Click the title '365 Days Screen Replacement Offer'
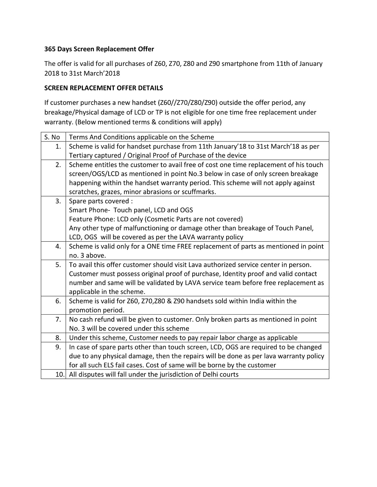[x=99, y=49]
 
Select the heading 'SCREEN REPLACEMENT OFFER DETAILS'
[x=104, y=88]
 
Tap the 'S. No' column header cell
[x=52, y=137]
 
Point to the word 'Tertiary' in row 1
[x=81, y=155]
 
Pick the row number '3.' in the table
[x=58, y=201]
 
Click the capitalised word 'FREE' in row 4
[x=185, y=247]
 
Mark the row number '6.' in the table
[x=58, y=301]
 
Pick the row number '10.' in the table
[x=60, y=374]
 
